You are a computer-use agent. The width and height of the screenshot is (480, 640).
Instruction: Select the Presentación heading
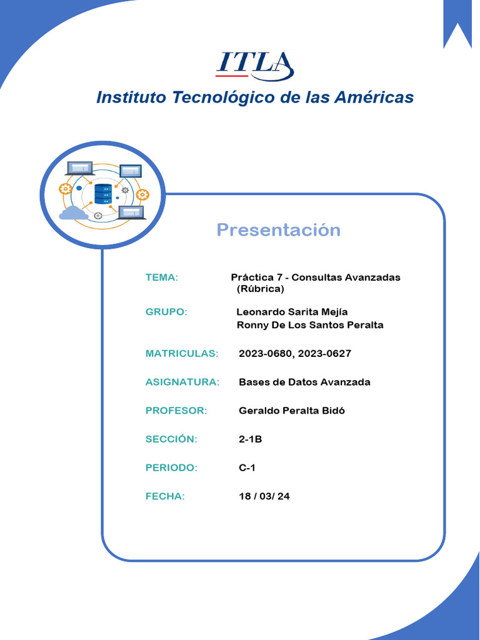tap(278, 230)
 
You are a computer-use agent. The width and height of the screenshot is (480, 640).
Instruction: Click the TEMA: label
tap(162, 277)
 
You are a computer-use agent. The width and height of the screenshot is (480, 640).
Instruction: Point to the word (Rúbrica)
tap(261, 289)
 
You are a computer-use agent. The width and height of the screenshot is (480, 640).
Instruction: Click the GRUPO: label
tap(166, 312)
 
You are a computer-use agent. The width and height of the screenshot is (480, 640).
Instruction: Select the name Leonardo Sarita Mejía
tap(292, 312)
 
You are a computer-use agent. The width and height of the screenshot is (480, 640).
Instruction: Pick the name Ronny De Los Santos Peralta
tap(310, 325)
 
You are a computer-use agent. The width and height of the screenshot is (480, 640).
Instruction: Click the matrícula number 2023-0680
tap(265, 354)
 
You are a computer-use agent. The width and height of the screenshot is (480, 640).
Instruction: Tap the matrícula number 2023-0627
tap(324, 354)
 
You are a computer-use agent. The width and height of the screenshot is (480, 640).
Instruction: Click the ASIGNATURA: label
tap(182, 382)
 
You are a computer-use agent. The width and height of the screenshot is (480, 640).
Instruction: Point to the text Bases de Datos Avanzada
tap(304, 382)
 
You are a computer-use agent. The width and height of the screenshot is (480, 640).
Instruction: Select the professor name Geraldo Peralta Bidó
tap(292, 411)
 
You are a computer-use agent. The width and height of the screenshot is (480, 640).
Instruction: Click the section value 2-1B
tap(250, 439)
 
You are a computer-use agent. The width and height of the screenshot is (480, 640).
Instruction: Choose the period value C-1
tap(247, 467)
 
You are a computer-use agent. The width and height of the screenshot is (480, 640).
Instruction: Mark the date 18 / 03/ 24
tap(264, 496)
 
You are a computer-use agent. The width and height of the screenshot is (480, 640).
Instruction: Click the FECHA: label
tap(165, 496)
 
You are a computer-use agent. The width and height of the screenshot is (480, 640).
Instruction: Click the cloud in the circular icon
tap(73, 213)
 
